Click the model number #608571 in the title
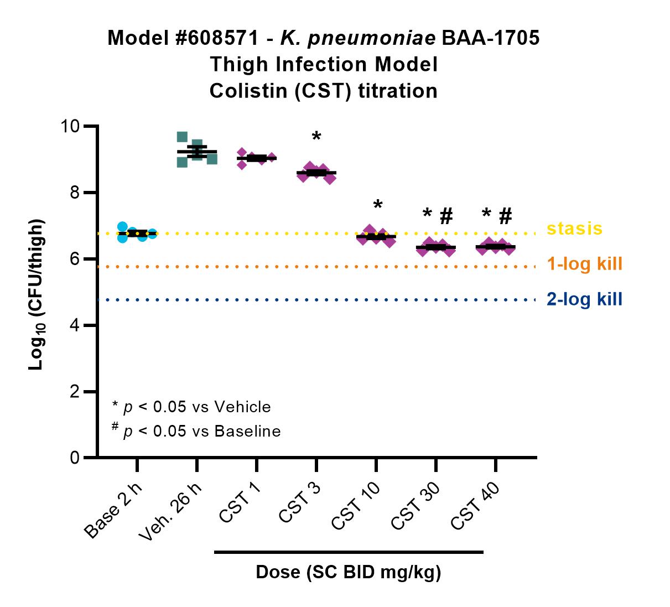[x=217, y=38]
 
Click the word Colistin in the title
[x=248, y=91]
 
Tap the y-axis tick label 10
[x=70, y=126]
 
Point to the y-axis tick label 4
[x=75, y=325]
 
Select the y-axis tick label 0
[x=75, y=458]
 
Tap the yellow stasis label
[x=574, y=229]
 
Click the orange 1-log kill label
[x=585, y=263]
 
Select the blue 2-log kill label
[x=585, y=299]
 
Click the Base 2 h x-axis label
[x=113, y=511]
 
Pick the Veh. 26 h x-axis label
[x=170, y=511]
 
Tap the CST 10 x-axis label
[x=356, y=506]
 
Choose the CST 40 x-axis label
[x=475, y=506]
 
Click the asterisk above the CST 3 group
[x=316, y=136]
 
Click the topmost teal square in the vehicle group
[x=182, y=137]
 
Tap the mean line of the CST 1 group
[x=257, y=158]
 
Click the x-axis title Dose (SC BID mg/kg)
[x=349, y=572]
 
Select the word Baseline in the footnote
[x=247, y=431]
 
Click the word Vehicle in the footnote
[x=242, y=407]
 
